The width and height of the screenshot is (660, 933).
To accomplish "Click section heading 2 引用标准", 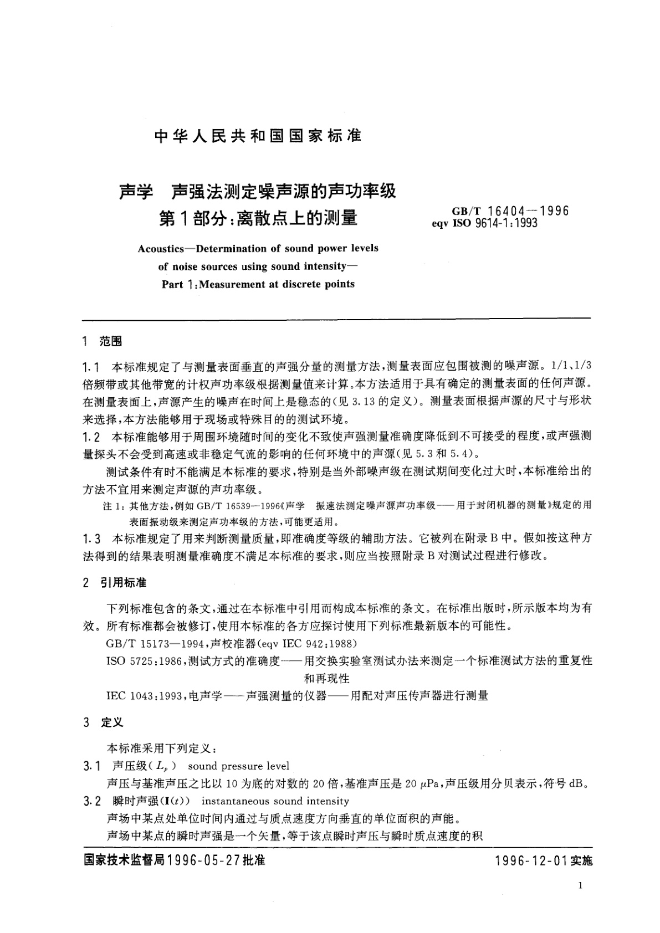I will [x=114, y=583].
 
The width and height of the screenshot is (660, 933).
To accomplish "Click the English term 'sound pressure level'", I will [x=239, y=766].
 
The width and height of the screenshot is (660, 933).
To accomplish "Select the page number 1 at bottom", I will [x=580, y=886].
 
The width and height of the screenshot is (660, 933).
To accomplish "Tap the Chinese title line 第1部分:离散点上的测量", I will [x=258, y=218].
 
